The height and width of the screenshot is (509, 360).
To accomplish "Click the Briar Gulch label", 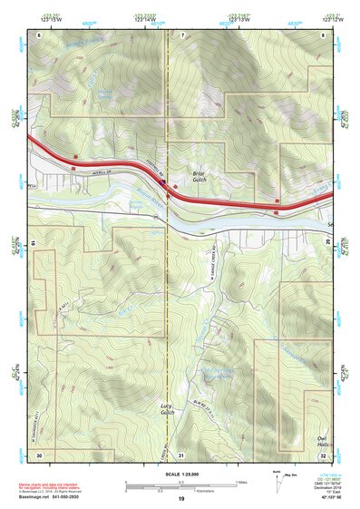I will tap(200, 173).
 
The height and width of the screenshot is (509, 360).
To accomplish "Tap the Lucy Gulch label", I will tap(167, 408).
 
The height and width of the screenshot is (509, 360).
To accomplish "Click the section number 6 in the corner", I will tap(39, 34).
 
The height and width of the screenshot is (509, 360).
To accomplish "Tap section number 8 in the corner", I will tap(324, 34).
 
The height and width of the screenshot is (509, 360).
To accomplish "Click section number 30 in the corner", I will tap(39, 454).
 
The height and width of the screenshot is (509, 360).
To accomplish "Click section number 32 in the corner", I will tap(324, 454).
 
